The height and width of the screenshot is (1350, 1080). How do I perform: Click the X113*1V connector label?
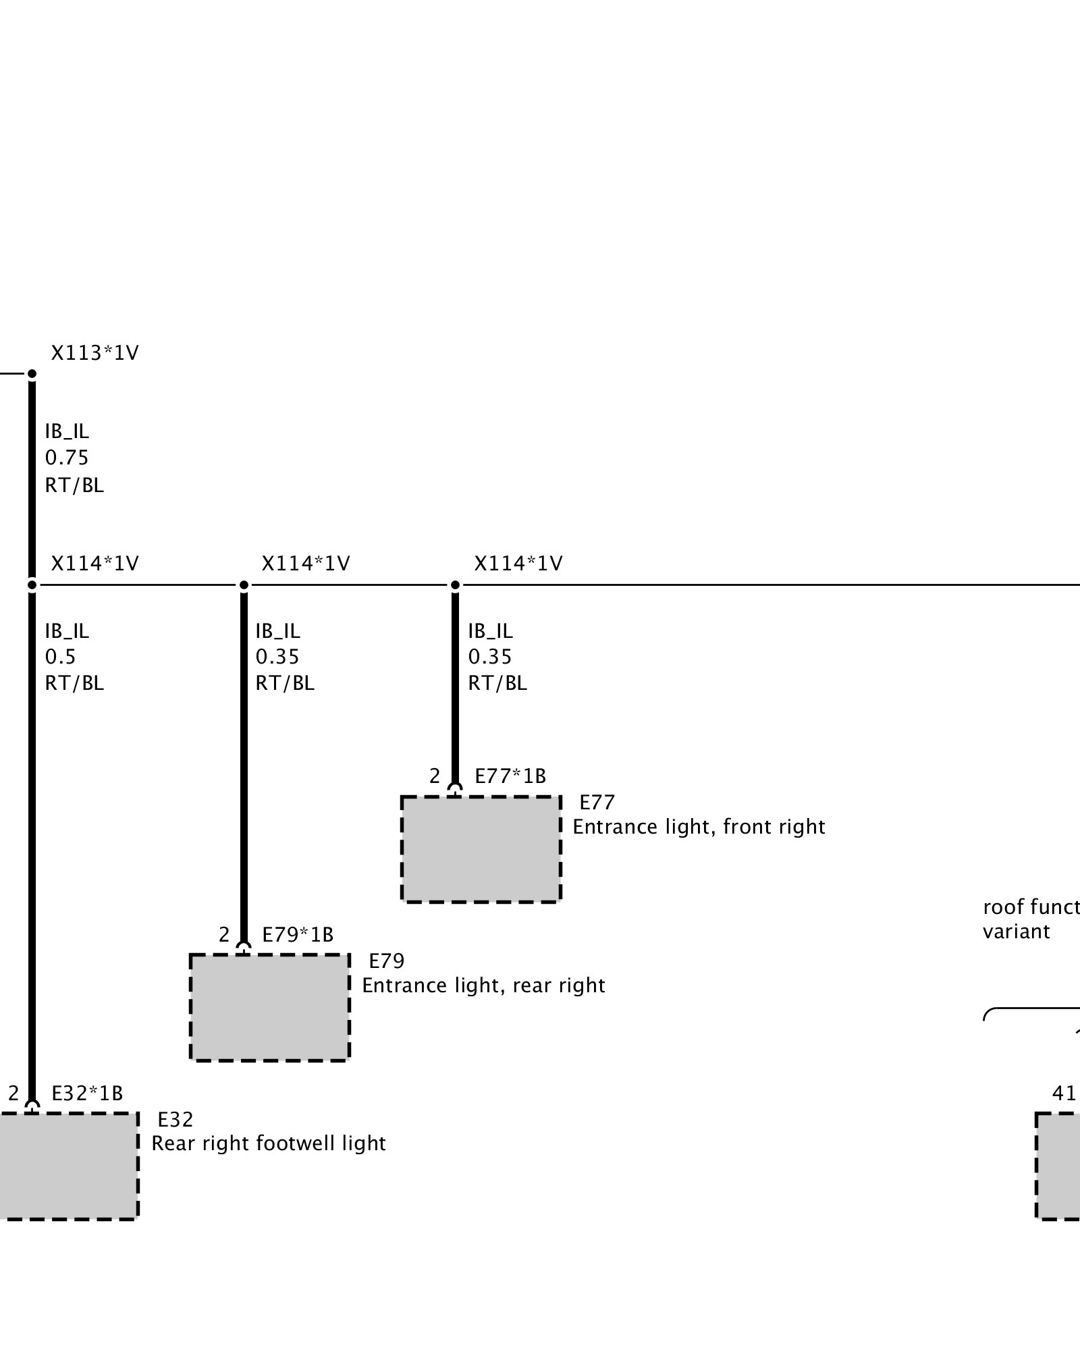click(94, 353)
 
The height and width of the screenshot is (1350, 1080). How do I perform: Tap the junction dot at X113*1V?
click(32, 374)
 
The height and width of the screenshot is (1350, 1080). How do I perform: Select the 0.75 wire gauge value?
click(67, 458)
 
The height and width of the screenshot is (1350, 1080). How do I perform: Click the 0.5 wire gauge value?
click(60, 657)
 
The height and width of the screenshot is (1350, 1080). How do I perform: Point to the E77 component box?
click(481, 849)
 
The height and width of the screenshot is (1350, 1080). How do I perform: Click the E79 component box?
click(269, 1007)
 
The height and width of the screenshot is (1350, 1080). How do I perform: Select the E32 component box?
click(67, 1166)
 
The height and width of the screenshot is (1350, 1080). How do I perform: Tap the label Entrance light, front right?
click(699, 828)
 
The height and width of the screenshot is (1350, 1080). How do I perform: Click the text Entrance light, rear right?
click(483, 986)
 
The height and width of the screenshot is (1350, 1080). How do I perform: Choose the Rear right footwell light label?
click(269, 1143)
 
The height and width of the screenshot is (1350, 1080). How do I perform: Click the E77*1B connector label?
click(510, 776)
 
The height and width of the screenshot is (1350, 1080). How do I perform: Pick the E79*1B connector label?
click(298, 935)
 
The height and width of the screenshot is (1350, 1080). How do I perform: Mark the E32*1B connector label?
click(87, 1093)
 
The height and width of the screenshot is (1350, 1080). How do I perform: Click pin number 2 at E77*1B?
click(435, 776)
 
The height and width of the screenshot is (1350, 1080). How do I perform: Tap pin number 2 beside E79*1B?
click(224, 935)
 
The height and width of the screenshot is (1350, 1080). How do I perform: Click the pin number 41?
click(1064, 1093)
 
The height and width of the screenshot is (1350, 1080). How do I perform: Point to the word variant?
click(1017, 932)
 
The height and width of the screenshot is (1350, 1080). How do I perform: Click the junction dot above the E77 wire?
click(455, 585)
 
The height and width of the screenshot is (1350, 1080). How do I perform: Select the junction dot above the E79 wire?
click(244, 585)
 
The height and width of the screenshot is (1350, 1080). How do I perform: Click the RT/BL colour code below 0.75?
click(74, 486)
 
